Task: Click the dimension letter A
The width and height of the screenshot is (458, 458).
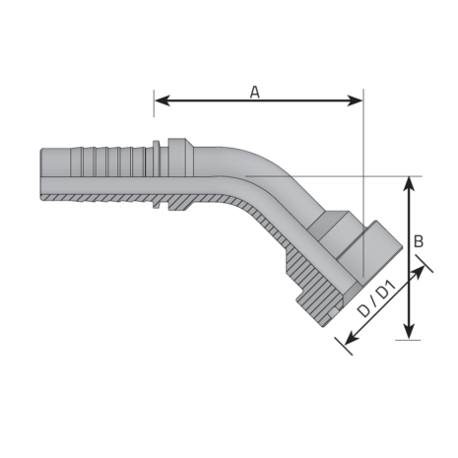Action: [254, 92]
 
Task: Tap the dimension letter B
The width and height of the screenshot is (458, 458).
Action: [419, 240]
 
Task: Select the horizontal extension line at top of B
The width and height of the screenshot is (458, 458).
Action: [394, 176]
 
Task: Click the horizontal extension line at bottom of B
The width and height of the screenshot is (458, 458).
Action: [389, 341]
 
